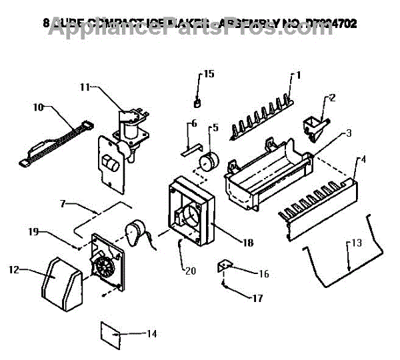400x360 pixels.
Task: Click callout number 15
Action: (209, 74)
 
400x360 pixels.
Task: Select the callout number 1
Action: (299, 75)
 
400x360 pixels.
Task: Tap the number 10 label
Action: (38, 106)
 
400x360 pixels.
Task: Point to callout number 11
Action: (85, 87)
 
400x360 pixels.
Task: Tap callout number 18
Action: (247, 243)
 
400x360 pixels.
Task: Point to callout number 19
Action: (33, 232)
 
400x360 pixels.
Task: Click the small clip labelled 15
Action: (197, 102)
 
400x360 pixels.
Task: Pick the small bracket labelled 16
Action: (224, 267)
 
